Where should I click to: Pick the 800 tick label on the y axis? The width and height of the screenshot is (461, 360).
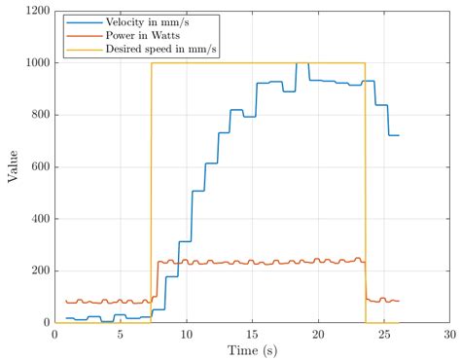tap(39, 115)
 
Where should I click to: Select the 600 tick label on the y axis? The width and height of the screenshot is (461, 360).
tap(39, 166)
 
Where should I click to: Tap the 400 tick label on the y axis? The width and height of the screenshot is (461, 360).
tap(39, 219)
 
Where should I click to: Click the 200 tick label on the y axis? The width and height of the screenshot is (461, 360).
tap(39, 270)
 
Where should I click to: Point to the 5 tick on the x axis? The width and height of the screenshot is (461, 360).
tap(121, 333)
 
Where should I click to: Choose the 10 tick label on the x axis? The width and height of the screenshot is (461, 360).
tap(186, 333)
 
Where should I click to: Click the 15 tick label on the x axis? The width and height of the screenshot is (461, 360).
tap(252, 333)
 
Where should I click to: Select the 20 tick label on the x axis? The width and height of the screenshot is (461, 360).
tap(318, 333)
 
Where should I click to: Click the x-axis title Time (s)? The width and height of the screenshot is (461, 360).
tap(252, 348)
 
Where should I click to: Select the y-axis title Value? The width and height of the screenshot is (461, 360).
tap(12, 166)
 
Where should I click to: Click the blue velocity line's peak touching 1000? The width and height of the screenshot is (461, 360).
tap(302, 63)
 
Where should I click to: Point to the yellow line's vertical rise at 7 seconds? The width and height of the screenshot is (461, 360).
tap(152, 195)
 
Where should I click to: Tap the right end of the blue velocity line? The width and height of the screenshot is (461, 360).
tap(399, 135)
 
